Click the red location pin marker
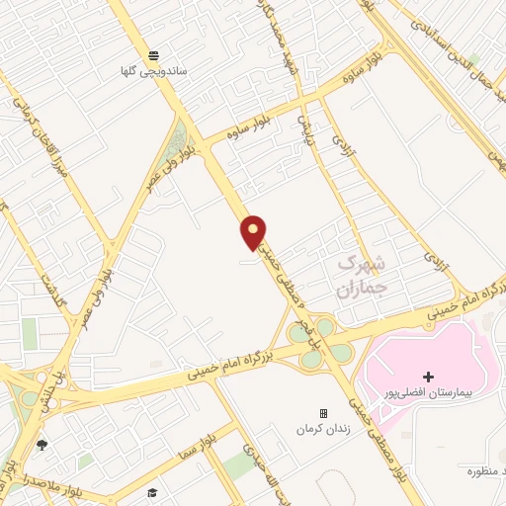[x=254, y=231]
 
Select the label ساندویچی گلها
[x=152, y=71]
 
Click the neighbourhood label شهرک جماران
[x=358, y=276]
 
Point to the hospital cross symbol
[x=428, y=377]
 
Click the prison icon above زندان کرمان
[x=323, y=413]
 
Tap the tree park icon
[x=42, y=446]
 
